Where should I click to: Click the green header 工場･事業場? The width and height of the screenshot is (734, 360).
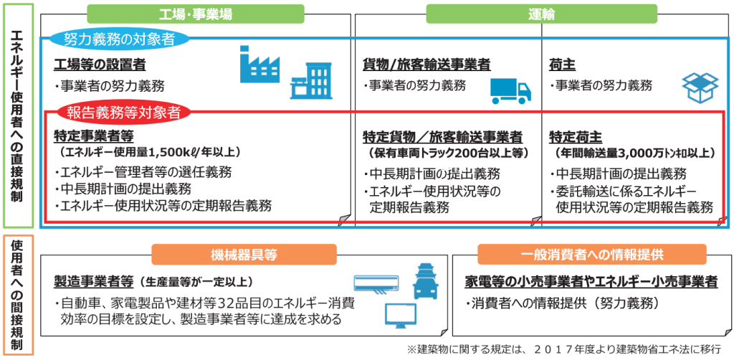[x=196, y=14]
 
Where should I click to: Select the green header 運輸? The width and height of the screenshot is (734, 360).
[x=542, y=14]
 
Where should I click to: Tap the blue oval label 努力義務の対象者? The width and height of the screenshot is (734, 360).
[x=119, y=39]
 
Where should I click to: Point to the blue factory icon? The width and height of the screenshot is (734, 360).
[x=259, y=66]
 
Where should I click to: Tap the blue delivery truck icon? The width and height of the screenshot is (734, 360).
[x=510, y=91]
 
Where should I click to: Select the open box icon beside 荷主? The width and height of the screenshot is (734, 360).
[x=700, y=87]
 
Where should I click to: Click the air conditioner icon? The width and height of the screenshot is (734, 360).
[x=376, y=282]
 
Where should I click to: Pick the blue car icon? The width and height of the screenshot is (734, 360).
[x=427, y=280]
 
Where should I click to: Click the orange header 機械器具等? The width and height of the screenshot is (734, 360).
[x=244, y=254]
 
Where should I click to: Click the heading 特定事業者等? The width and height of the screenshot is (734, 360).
[x=94, y=136]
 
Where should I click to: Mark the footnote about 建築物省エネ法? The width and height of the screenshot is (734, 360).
[x=565, y=349]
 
